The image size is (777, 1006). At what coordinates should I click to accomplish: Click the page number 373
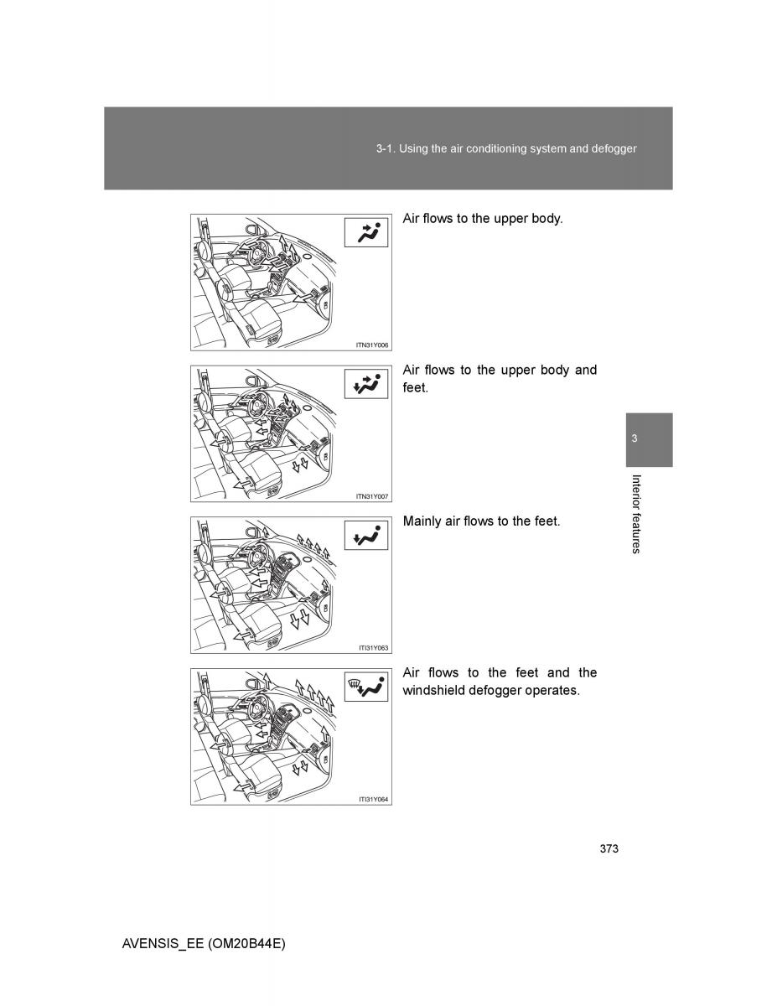[609, 849]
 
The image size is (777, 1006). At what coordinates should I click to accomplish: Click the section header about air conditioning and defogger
[506, 148]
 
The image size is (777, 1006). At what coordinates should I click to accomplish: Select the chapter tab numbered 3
[635, 439]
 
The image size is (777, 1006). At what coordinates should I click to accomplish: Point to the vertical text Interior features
[636, 514]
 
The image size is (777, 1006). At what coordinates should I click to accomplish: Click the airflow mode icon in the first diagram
[367, 233]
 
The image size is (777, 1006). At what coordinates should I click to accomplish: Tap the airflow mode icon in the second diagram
[367, 385]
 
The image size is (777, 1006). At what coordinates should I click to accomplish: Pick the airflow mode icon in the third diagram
[367, 537]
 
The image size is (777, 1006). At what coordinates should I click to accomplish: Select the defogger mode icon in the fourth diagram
[367, 688]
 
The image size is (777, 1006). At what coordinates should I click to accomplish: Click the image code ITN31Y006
[373, 345]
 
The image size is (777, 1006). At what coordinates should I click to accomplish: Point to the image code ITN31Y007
[373, 496]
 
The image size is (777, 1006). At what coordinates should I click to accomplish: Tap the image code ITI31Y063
[373, 648]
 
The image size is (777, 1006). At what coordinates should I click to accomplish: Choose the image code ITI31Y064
[373, 800]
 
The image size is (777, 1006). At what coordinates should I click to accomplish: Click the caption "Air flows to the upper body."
[483, 219]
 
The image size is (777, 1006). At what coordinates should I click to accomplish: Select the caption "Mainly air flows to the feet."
[481, 521]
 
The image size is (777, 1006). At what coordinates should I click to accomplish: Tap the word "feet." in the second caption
[416, 389]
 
